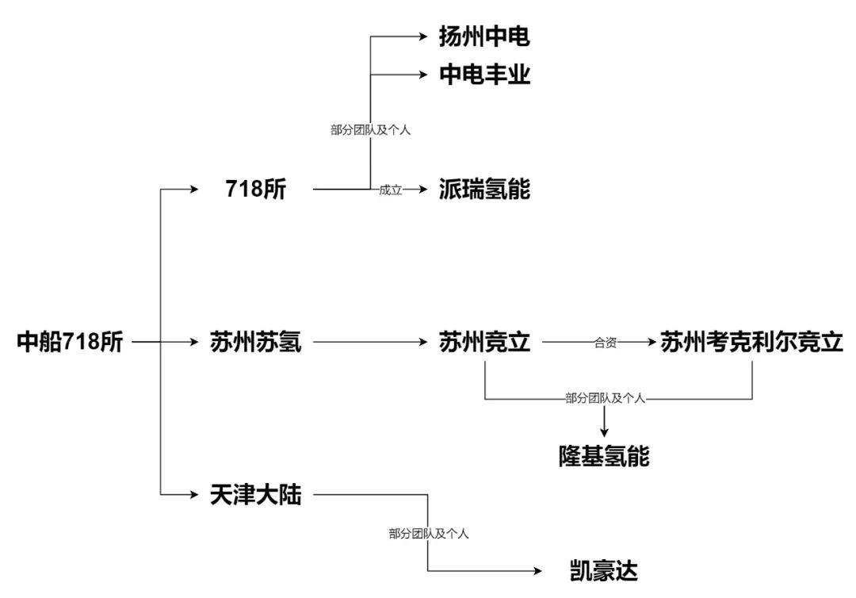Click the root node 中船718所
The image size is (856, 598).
tap(71, 343)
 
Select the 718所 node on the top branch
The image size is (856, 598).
tap(256, 190)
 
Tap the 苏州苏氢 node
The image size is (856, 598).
tap(256, 343)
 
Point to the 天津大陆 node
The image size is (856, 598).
tap(256, 494)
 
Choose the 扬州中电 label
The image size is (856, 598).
tap(484, 36)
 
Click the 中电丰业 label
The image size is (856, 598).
tap(484, 75)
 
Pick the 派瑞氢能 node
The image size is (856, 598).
tap(484, 190)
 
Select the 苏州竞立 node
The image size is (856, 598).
tap(484, 343)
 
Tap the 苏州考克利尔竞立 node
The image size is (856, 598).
tap(751, 343)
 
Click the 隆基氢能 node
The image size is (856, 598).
tap(604, 457)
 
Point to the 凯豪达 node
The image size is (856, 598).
tap(604, 571)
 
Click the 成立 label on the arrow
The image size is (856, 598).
tap(391, 190)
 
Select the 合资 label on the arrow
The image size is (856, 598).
tap(606, 343)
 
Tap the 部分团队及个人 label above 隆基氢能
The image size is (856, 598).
tap(606, 398)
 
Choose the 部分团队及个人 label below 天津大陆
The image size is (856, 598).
tap(429, 534)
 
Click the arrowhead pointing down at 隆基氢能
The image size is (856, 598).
tap(604, 432)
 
